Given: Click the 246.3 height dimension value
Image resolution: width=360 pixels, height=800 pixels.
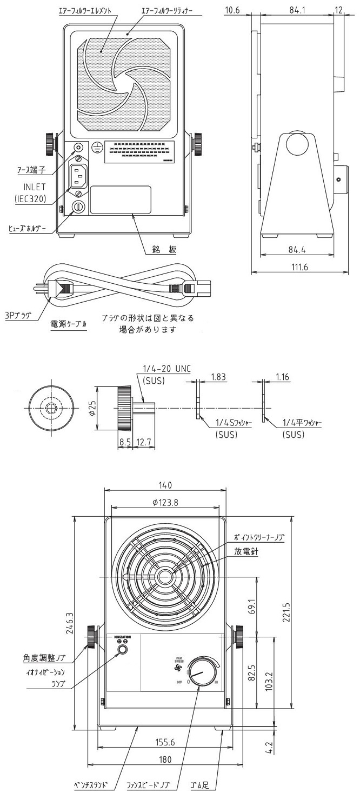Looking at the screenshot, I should tap(69, 622).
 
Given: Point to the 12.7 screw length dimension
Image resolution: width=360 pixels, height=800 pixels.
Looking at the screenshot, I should tap(144, 443).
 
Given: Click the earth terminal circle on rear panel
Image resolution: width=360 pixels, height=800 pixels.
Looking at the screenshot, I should tap(79, 147).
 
